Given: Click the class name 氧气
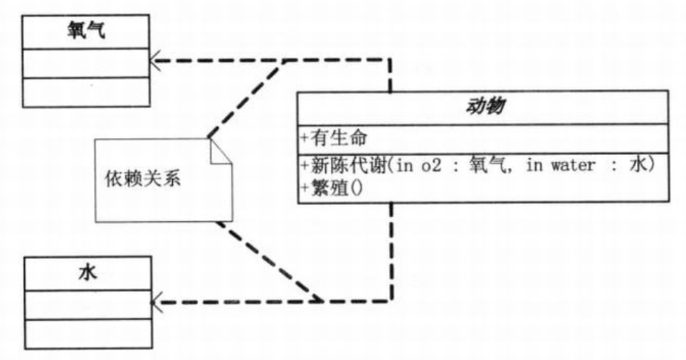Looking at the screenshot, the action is [x=86, y=31].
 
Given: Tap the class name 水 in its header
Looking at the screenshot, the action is [x=88, y=273].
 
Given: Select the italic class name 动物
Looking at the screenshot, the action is [x=485, y=106].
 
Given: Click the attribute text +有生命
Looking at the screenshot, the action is [x=334, y=138].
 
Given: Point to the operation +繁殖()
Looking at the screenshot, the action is [x=332, y=189].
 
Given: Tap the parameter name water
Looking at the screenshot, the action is [x=573, y=165].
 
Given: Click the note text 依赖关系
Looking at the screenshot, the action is [x=143, y=179].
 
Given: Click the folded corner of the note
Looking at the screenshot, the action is [x=221, y=152].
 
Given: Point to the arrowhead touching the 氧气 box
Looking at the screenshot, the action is [x=155, y=60].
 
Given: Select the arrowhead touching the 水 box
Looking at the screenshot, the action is [x=157, y=302].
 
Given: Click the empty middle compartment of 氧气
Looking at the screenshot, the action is [x=85, y=63].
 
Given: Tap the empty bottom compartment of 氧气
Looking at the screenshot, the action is [x=85, y=92].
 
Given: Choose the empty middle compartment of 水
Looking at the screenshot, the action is [x=88, y=305].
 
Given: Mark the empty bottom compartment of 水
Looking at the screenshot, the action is [x=88, y=334].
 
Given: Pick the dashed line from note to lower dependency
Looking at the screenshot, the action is [x=270, y=262].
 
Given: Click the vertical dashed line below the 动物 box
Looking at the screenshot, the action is [x=391, y=252].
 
